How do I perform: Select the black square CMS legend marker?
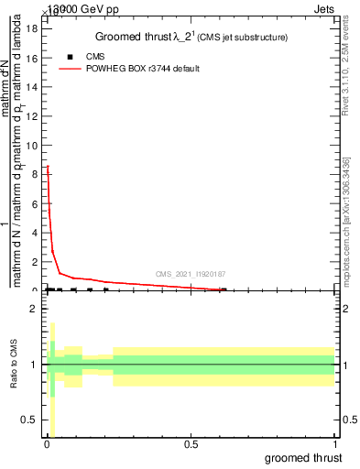click(71, 57)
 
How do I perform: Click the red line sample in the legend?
click(71, 69)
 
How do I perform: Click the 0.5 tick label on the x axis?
click(191, 444)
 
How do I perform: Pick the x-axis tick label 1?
click(335, 444)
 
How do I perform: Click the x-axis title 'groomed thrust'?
click(303, 457)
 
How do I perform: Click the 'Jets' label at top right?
click(336, 7)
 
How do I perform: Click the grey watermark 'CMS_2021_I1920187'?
click(191, 274)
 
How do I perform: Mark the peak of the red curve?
click(48, 166)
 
